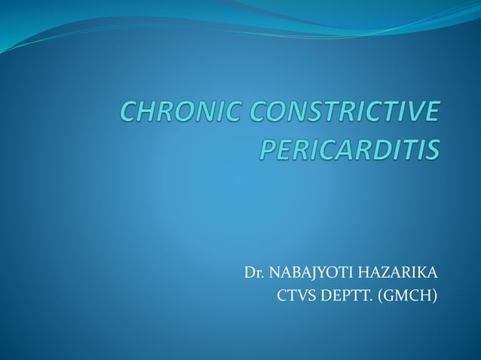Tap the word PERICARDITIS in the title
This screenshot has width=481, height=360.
click(349, 148)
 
